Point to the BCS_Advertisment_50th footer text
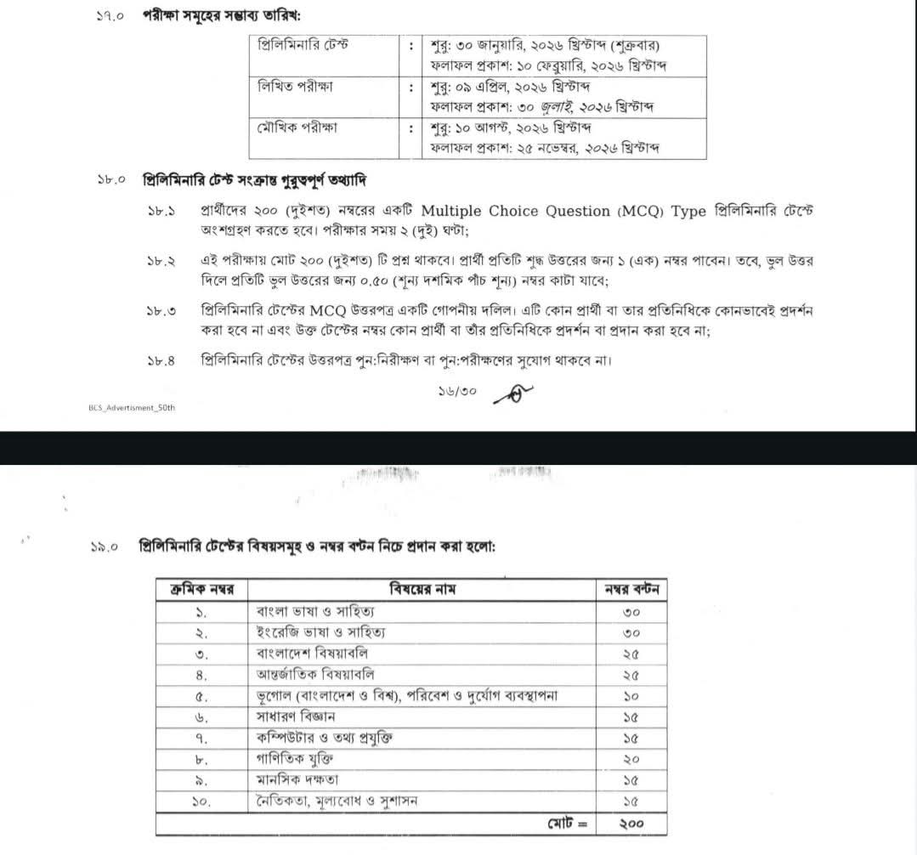pyautogui.click(x=132, y=407)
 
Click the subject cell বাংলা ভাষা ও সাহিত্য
pyautogui.click(x=315, y=611)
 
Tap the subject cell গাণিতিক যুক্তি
pyautogui.click(x=294, y=758)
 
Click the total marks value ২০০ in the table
pyautogui.click(x=631, y=823)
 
